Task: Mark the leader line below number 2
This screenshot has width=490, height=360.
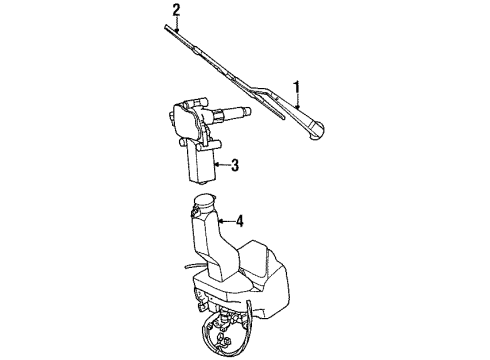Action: coord(177,27)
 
